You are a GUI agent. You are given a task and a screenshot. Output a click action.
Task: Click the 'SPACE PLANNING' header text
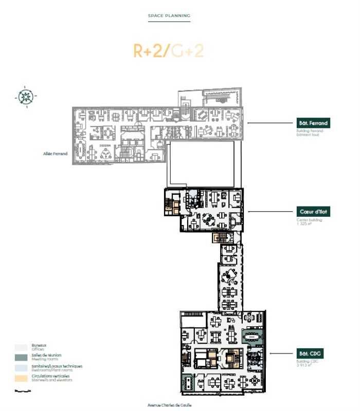(169, 16)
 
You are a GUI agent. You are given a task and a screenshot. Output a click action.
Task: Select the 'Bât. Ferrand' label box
(313, 123)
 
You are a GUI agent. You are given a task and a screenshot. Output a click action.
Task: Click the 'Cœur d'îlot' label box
(313, 211)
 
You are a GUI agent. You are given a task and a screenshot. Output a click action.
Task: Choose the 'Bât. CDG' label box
(313, 353)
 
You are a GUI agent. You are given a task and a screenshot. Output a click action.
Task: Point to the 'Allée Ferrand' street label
(56, 153)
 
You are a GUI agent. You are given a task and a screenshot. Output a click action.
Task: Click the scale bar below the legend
(22, 390)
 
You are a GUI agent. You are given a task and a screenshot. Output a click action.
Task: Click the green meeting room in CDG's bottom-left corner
(188, 382)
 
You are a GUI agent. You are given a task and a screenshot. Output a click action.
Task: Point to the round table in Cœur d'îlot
(209, 218)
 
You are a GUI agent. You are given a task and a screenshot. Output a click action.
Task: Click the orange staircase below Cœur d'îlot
(220, 238)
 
